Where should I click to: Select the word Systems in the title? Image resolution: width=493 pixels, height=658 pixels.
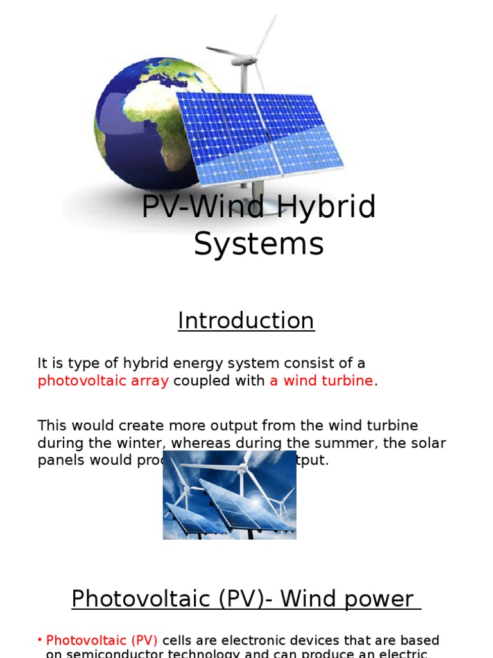[x=259, y=244]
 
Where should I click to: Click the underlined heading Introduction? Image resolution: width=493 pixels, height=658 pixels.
[x=246, y=321]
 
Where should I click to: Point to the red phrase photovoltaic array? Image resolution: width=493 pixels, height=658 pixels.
[x=103, y=380]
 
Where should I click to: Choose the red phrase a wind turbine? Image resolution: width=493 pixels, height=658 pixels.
[x=321, y=380]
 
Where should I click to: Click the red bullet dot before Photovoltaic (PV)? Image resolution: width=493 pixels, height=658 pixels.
[x=40, y=640]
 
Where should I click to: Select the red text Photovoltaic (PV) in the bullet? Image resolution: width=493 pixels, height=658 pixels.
[x=102, y=641]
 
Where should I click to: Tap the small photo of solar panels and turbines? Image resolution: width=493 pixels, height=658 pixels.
[x=229, y=495]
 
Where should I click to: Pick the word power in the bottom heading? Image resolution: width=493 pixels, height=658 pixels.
[x=383, y=599]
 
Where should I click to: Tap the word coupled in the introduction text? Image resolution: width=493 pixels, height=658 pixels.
[x=198, y=380]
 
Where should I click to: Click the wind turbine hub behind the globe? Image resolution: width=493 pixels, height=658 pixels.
[x=245, y=60]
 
